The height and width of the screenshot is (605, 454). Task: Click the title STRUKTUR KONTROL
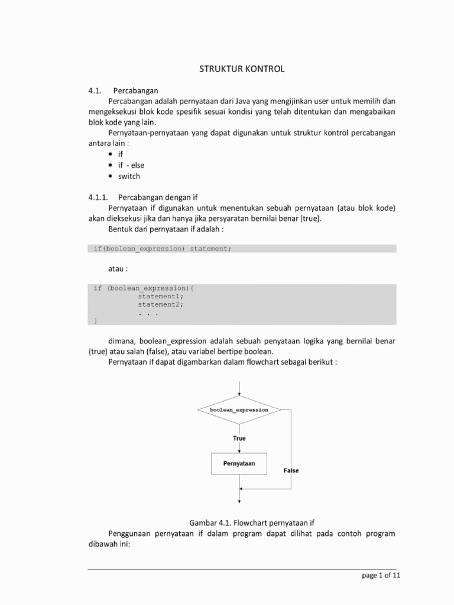click(241, 69)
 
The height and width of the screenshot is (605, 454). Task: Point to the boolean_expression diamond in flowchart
click(239, 409)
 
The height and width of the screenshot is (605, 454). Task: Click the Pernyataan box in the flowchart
click(239, 464)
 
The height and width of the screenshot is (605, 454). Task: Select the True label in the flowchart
click(239, 438)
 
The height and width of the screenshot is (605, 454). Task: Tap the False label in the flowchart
click(291, 471)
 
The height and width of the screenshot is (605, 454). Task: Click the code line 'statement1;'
click(161, 296)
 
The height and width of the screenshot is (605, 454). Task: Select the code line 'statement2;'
click(161, 304)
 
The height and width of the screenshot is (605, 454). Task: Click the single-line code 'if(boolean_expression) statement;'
click(163, 248)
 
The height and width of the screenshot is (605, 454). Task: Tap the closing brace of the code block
click(96, 321)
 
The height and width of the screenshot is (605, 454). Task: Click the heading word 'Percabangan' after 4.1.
click(138, 90)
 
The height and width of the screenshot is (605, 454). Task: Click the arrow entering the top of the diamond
click(239, 389)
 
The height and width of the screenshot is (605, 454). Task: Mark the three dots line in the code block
click(148, 313)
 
